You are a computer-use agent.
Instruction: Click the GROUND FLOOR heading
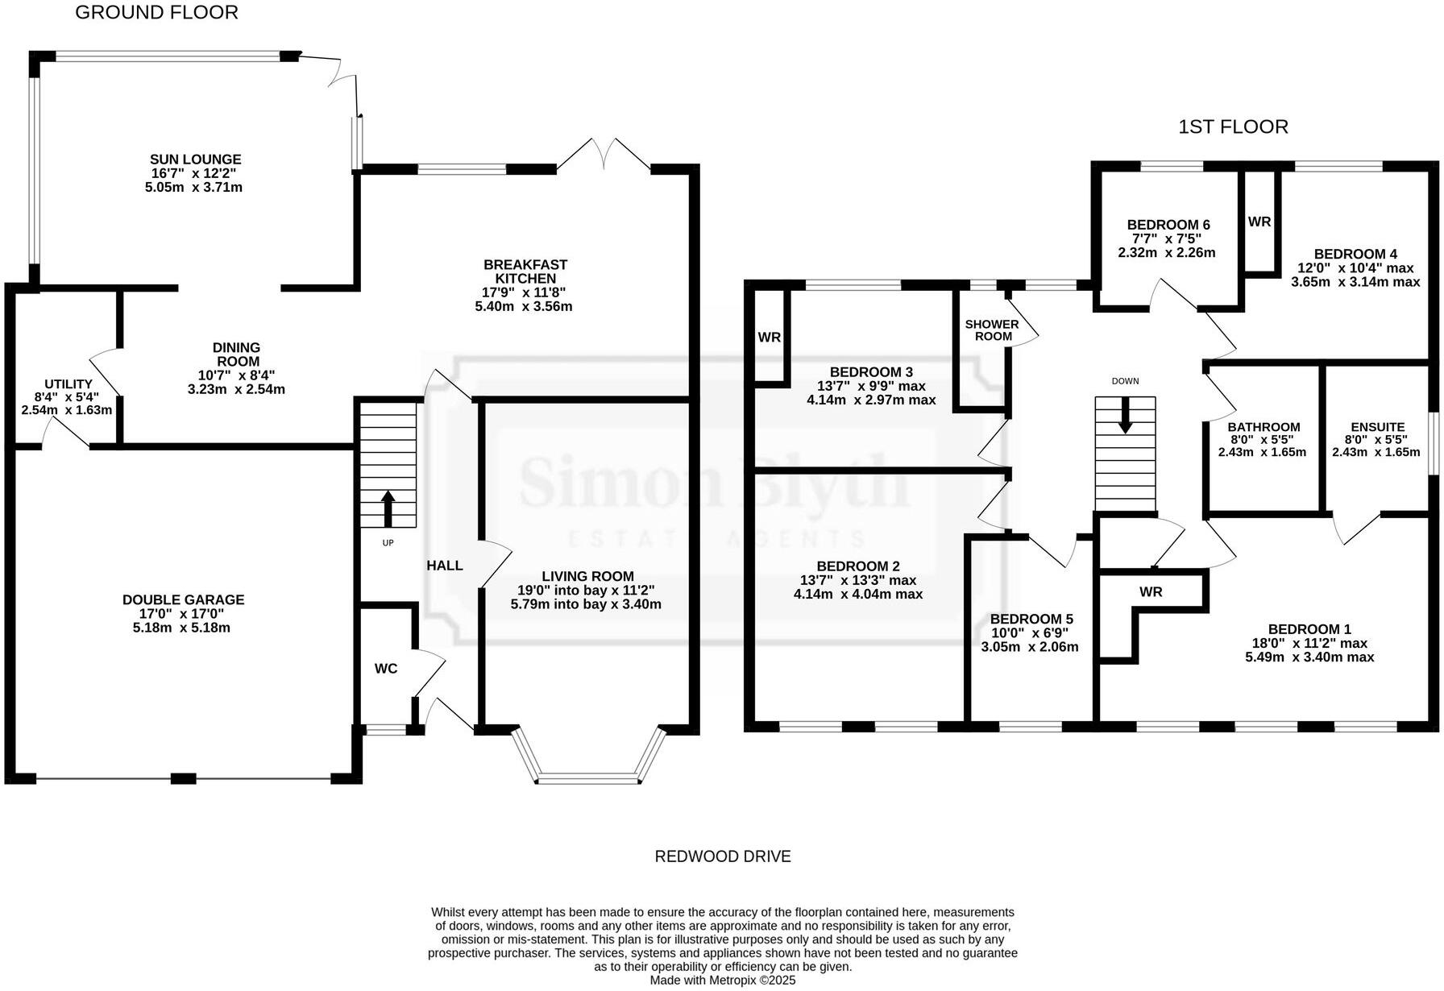(x=156, y=13)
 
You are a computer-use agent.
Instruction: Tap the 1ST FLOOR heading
(x=1233, y=127)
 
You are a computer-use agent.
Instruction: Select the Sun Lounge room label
(x=195, y=160)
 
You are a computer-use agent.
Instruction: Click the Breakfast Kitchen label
(x=525, y=272)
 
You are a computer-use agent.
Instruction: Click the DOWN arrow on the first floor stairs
(x=1125, y=416)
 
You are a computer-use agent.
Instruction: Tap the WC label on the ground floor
(x=386, y=669)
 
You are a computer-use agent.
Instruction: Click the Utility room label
(x=68, y=384)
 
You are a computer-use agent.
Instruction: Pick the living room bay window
(x=588, y=778)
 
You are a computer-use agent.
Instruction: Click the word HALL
(x=444, y=566)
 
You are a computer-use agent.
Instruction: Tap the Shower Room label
(x=992, y=330)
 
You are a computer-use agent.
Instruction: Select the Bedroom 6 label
(x=1168, y=225)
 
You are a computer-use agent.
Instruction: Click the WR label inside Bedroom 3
(x=769, y=338)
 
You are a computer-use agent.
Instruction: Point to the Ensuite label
(x=1377, y=427)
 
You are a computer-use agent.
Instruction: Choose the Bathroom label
(x=1263, y=427)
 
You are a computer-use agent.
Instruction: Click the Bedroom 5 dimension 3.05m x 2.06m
(x=1029, y=647)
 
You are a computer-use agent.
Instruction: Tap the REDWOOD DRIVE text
(x=722, y=856)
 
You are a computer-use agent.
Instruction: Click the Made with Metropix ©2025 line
(x=722, y=981)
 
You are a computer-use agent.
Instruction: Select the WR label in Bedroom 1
(x=1151, y=592)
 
